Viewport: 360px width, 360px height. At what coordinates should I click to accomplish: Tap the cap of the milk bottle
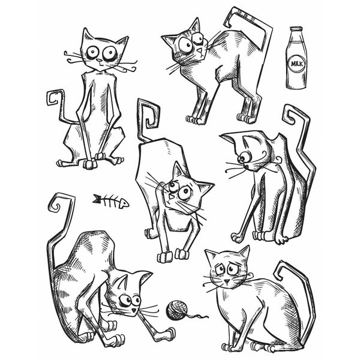(x=295, y=29)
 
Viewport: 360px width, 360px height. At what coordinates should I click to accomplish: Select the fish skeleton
(x=111, y=200)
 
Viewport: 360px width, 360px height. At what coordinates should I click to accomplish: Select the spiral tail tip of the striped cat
(x=56, y=203)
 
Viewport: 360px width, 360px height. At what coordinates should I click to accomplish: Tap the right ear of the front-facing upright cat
(x=122, y=42)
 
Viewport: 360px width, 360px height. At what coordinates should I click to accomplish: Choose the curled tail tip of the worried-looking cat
(x=283, y=271)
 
